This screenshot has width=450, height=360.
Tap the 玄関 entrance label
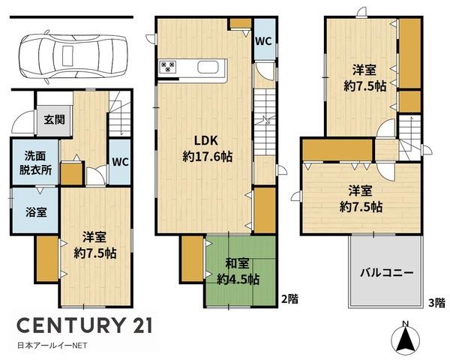coord(54,120)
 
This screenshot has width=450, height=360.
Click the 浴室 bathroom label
coord(36,212)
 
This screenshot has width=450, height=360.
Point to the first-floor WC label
coord(121,162)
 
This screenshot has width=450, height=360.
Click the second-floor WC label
coord(263,41)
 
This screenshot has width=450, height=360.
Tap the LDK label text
coord(206,141)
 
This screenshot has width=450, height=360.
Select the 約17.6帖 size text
coord(208,157)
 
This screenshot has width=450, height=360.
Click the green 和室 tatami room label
coord(237,263)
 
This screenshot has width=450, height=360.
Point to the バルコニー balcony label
coord(386,272)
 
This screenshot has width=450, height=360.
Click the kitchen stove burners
coord(168,67)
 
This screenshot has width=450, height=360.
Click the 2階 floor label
coord(289,299)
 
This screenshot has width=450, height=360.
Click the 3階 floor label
coord(436,302)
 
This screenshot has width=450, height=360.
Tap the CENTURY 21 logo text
coord(84,325)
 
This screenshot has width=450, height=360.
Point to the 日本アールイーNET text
coord(52,345)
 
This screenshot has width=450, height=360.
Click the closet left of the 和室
coord(192,259)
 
